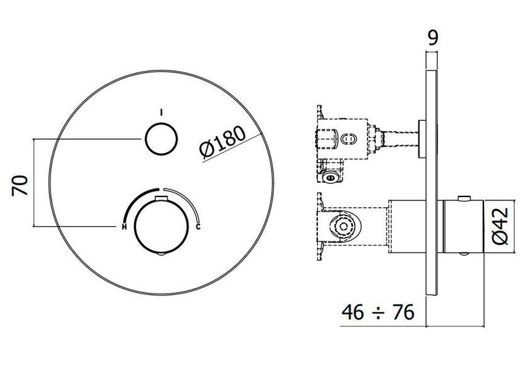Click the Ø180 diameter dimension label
223,142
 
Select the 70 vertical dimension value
20,186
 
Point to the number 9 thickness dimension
433,38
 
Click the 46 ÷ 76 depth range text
378,312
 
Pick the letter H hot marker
124,227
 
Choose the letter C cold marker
198,227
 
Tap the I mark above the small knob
161,113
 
